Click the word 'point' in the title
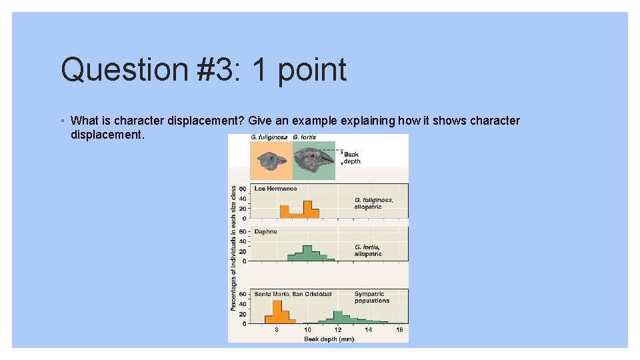[x=311, y=70]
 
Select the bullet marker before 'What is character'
[x=62, y=121]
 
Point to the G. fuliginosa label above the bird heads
[x=269, y=137]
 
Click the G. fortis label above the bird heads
[x=305, y=137]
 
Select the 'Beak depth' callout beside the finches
[x=351, y=158]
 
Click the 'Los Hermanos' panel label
[x=275, y=189]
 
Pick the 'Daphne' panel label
[x=265, y=231]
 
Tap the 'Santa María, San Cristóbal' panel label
[x=293, y=294]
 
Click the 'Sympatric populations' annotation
[x=371, y=297]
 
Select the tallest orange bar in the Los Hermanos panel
[x=307, y=209]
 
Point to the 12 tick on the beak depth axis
[x=338, y=329]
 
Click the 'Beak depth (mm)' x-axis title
[x=329, y=339]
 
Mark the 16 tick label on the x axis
[x=399, y=329]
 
